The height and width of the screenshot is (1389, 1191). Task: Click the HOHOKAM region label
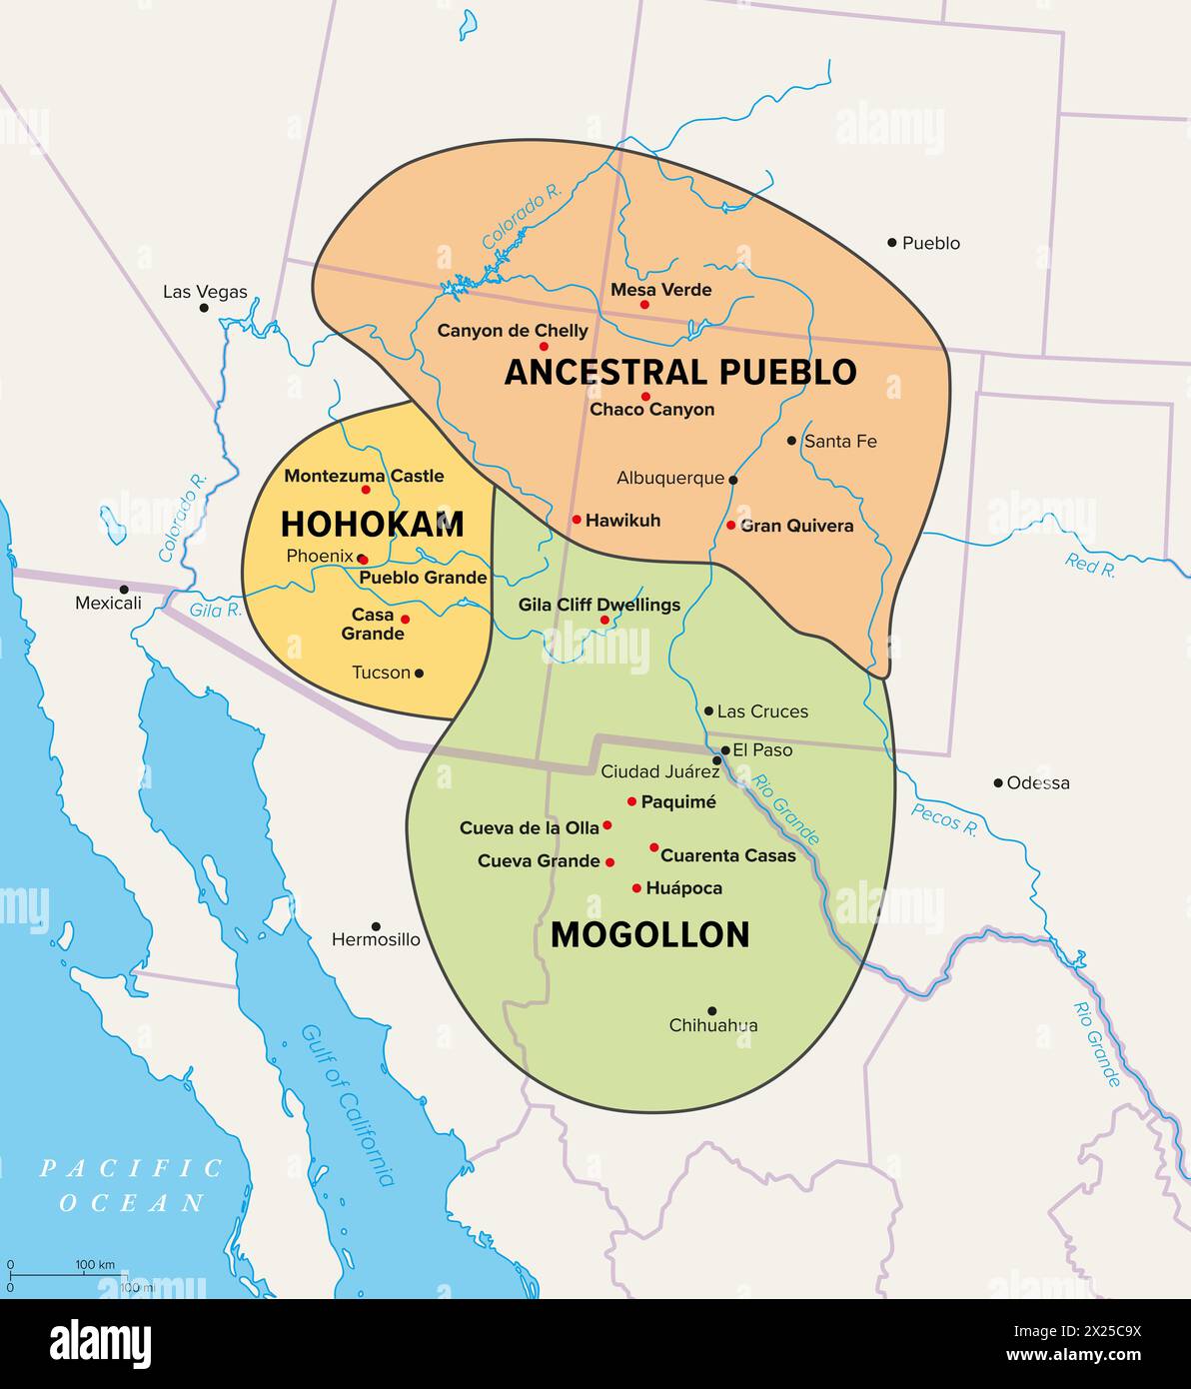[x=372, y=524]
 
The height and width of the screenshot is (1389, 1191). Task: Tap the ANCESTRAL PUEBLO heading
[x=679, y=372]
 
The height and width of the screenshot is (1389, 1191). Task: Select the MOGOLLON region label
[x=649, y=934]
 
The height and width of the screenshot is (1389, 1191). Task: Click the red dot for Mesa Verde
[x=644, y=305]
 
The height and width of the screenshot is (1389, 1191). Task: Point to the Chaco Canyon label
[x=651, y=410]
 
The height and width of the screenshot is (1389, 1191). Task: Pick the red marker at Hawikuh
[x=577, y=520]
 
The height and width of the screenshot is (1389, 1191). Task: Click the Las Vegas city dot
[x=205, y=308]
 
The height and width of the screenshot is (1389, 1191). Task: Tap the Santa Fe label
[x=840, y=441]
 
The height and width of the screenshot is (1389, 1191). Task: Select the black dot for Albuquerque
[x=733, y=480]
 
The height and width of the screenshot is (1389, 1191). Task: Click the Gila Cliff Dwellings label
[x=598, y=605]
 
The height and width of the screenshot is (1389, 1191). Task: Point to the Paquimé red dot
[x=631, y=801]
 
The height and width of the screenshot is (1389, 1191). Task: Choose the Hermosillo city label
[x=376, y=940]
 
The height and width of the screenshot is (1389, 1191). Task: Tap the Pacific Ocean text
[x=132, y=1184]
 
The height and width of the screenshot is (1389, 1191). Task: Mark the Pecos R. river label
[x=943, y=818]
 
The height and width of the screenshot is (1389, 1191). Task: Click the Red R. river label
[x=1090, y=565]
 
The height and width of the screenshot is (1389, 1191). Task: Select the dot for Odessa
[x=998, y=782]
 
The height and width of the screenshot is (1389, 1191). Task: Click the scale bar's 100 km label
[x=95, y=1265]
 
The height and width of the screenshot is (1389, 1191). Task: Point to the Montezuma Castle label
[x=364, y=476]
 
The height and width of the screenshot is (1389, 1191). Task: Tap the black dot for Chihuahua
[x=711, y=1010]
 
